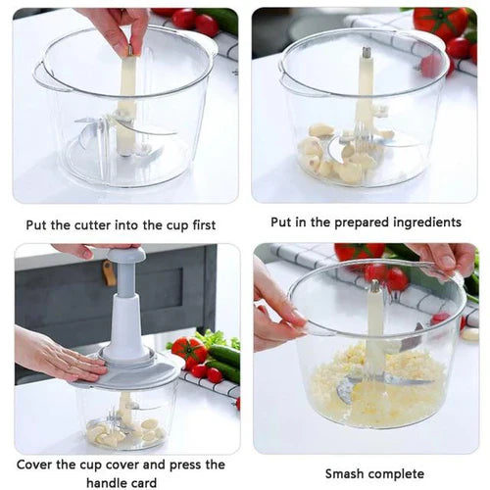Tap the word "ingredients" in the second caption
(420, 222)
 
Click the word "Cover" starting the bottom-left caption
(39, 465)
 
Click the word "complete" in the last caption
(404, 473)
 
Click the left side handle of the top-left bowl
(41, 78)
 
